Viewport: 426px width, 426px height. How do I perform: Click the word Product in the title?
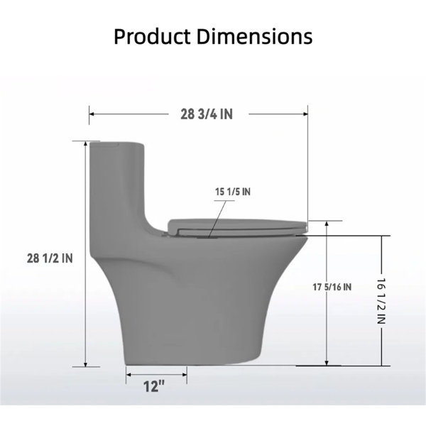click(x=152, y=36)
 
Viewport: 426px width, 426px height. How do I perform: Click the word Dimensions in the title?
click(x=254, y=36)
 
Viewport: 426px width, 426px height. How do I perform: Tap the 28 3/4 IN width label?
click(x=207, y=114)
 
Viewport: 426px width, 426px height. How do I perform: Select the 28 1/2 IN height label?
click(x=50, y=258)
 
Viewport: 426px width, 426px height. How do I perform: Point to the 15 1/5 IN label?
click(x=233, y=192)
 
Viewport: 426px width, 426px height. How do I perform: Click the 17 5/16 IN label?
click(x=332, y=287)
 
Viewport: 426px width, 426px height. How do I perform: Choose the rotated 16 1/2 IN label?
click(x=381, y=301)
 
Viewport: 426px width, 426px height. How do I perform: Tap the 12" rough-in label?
click(x=154, y=386)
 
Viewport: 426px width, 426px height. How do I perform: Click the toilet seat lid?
click(x=237, y=227)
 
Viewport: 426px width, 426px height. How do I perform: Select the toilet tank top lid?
click(x=117, y=144)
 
